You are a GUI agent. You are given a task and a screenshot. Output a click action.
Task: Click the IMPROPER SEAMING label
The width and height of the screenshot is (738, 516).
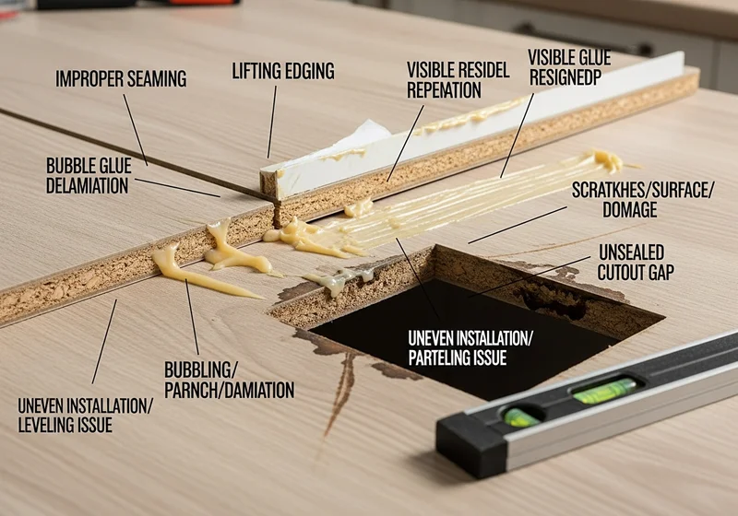(x=121, y=78)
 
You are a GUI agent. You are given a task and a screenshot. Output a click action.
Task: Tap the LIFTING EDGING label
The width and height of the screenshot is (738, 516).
(x=283, y=71)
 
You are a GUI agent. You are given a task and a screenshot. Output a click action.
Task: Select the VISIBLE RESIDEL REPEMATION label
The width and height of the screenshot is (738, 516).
(x=458, y=80)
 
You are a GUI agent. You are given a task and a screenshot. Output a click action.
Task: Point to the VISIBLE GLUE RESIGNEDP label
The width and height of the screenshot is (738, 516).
(x=569, y=67)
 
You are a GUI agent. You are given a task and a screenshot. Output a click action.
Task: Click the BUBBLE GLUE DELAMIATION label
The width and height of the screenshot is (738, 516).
(x=89, y=176)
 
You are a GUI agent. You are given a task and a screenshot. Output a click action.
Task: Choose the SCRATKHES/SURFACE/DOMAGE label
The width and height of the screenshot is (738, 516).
(x=643, y=200)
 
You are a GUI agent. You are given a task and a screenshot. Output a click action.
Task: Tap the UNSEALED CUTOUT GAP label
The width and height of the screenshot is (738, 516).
(x=636, y=263)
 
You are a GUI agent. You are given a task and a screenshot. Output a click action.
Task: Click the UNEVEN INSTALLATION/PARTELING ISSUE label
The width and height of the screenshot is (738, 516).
(x=470, y=347)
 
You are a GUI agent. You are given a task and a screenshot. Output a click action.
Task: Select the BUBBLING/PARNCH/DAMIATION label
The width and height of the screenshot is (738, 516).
(x=229, y=381)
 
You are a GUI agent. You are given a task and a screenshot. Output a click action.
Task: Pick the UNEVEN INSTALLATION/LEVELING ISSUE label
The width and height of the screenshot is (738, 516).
(x=85, y=415)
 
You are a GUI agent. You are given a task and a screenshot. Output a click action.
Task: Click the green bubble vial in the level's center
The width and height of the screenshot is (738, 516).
(x=605, y=390)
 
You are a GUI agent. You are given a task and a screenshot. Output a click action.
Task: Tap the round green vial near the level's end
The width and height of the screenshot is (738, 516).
(x=519, y=416)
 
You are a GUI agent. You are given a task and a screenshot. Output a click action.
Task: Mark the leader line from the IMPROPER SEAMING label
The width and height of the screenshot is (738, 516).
(x=136, y=130)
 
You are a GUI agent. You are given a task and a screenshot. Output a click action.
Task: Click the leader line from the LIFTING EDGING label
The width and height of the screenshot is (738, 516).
(x=272, y=123)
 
